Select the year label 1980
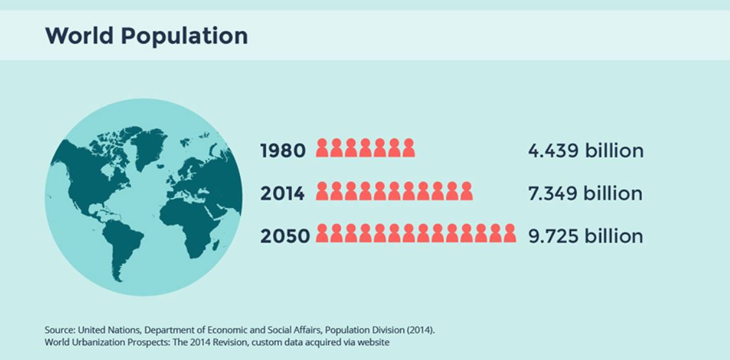283,151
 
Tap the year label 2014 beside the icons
283,193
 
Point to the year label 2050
285,236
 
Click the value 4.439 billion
586,151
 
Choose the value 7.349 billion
586,193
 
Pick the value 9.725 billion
586,236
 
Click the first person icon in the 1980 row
322,148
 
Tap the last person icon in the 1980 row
408,148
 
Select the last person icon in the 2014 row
466,191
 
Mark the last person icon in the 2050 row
509,234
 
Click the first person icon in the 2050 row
322,234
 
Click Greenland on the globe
147,146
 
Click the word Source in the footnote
59,330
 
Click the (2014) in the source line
421,330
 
